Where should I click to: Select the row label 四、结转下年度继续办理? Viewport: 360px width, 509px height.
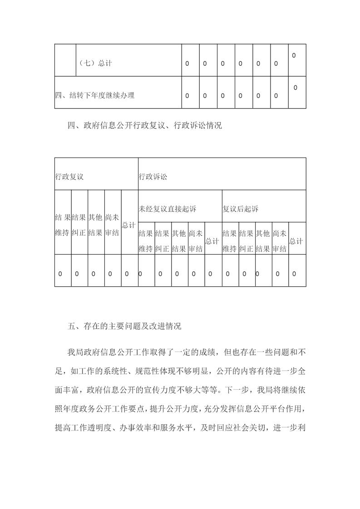tap(95, 95)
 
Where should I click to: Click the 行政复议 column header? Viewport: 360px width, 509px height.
tap(69, 176)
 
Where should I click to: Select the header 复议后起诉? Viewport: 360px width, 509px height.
tap(240, 209)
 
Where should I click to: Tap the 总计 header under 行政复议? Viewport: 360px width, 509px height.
tap(129, 225)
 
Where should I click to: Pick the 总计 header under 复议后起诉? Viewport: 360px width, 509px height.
tap(297, 241)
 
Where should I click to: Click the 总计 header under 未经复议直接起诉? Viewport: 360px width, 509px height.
tap(213, 241)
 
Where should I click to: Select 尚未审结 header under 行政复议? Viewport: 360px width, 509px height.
tap(113, 225)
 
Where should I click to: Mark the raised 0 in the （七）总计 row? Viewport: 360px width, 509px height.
tap(294, 55)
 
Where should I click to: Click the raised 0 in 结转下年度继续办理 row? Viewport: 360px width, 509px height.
tap(296, 88)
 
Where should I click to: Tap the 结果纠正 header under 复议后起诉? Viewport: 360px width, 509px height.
tap(247, 241)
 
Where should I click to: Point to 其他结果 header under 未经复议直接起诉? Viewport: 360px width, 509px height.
tap(179, 241)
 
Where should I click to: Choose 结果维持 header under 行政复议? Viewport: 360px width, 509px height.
tap(62, 225)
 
